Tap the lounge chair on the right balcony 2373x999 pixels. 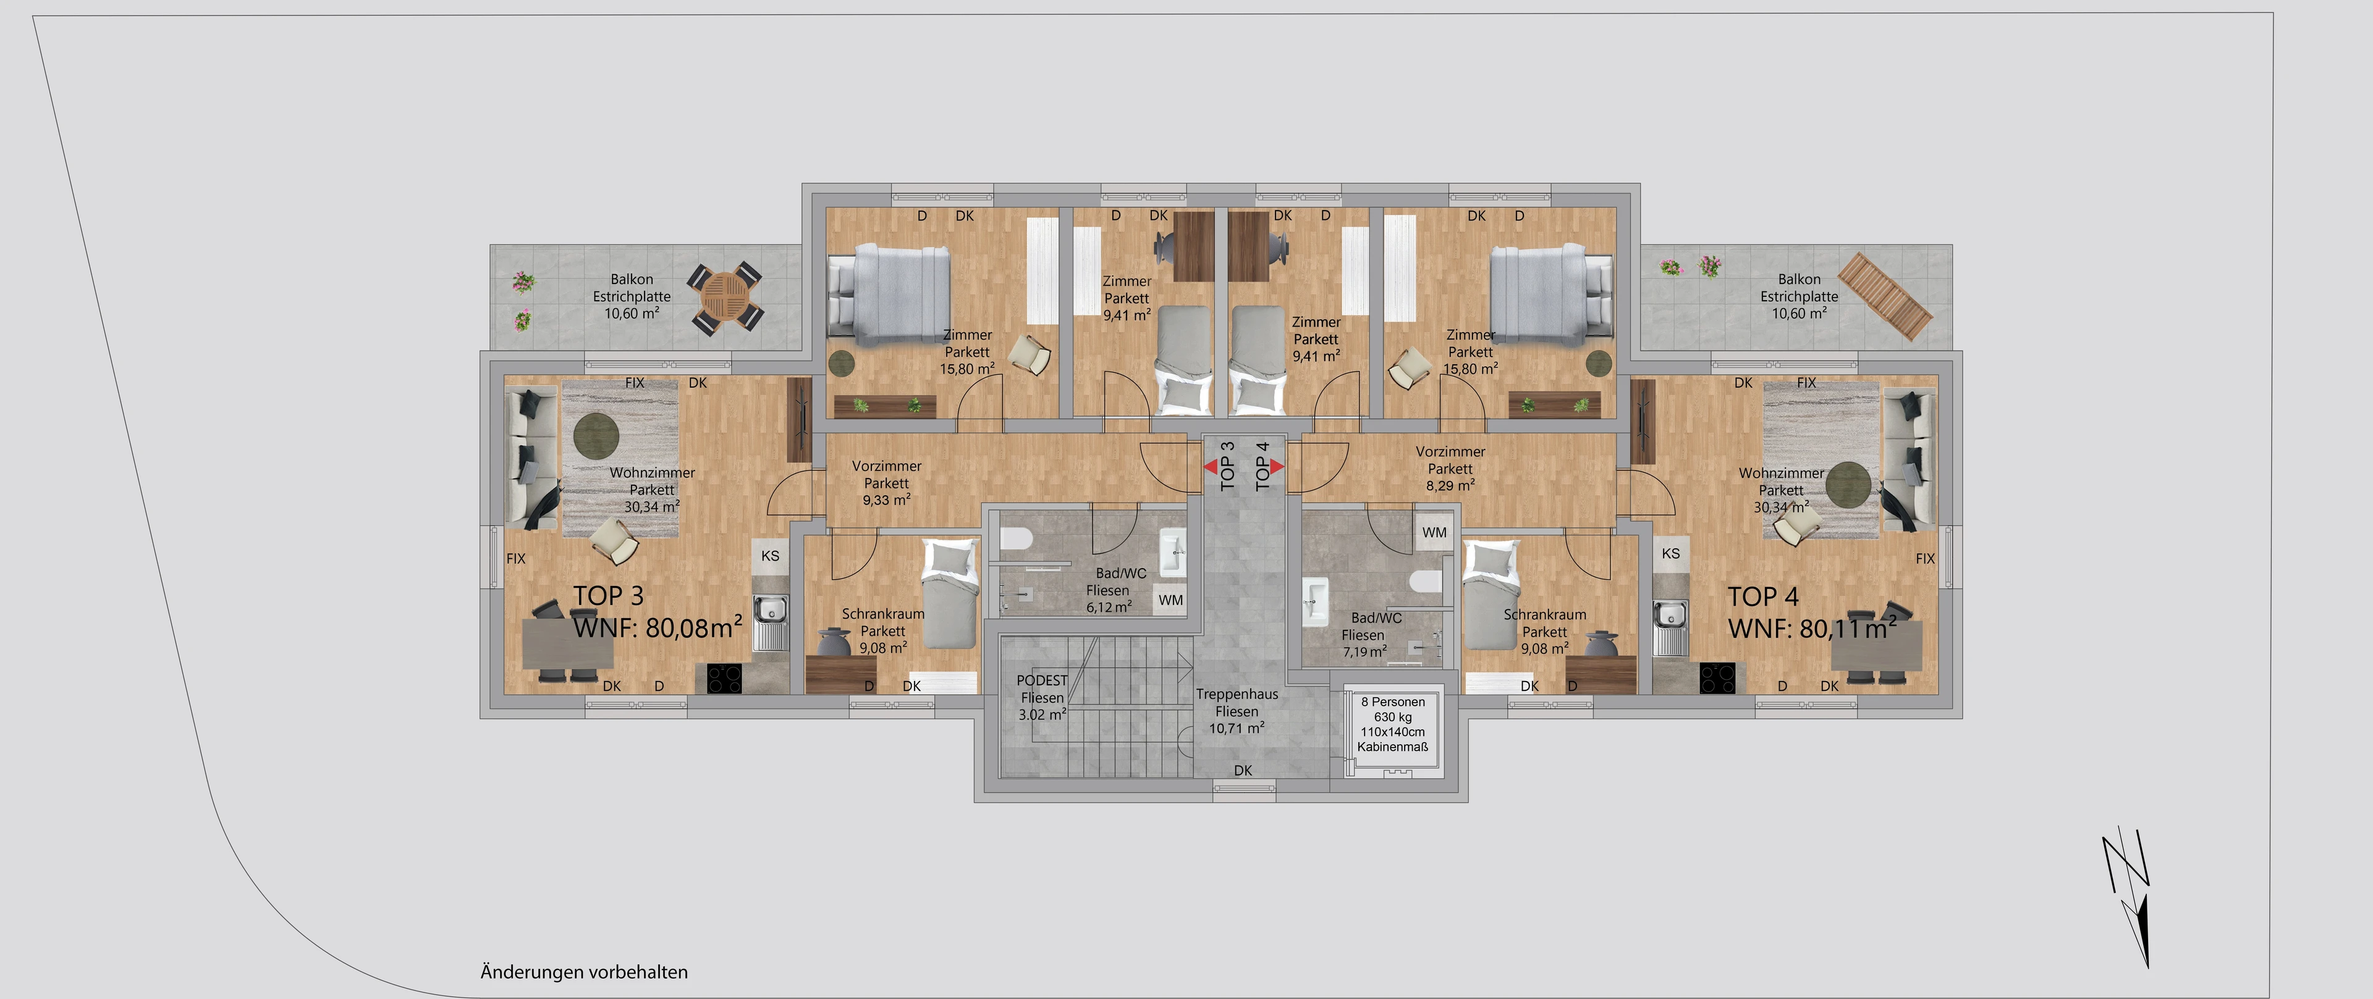point(1885,294)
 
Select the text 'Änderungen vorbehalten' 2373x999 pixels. point(584,971)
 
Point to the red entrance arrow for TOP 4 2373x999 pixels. point(1278,467)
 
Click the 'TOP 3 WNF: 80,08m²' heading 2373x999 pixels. point(658,612)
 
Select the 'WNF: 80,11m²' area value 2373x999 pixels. point(1812,628)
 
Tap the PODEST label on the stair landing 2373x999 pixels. point(1042,680)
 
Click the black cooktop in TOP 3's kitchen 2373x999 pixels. point(725,679)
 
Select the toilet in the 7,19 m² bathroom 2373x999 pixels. point(1425,581)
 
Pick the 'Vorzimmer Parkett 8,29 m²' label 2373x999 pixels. point(1450,469)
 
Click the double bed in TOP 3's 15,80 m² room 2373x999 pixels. point(890,295)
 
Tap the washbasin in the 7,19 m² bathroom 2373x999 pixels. point(1314,600)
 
